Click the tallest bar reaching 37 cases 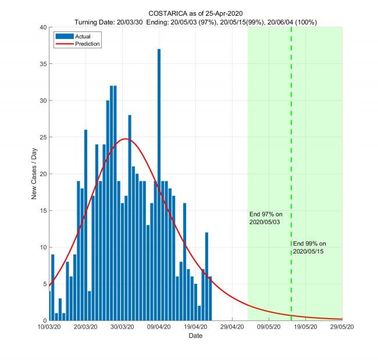coord(159,174)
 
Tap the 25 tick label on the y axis coord(43,137)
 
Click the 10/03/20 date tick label coord(49,327)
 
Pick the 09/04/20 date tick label coord(159,327)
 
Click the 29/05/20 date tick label coord(341,327)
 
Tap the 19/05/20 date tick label coord(305,327)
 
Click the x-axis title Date coord(195,336)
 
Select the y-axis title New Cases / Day coord(34,174)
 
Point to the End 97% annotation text coord(265,218)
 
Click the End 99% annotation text coord(309,247)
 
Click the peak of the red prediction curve coord(126,139)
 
